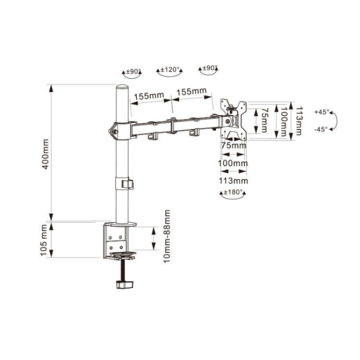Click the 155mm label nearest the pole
[x=149, y=96]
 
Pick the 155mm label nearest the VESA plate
[x=191, y=91]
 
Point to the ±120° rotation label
[x=170, y=69]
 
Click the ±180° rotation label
[x=232, y=193]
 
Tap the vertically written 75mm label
[x=263, y=121]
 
